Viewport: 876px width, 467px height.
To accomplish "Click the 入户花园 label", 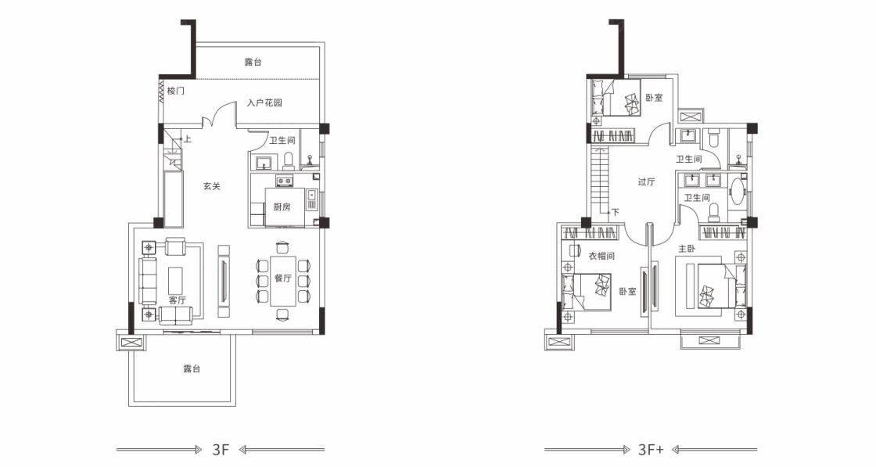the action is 264,102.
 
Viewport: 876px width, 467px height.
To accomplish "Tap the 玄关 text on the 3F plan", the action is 212,186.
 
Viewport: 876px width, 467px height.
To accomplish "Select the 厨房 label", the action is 282,207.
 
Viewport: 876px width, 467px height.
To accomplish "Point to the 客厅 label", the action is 178,300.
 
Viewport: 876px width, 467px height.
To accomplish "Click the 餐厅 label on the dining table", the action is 283,278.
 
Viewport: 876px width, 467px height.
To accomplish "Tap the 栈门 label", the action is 176,91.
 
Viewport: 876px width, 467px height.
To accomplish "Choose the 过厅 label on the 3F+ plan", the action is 646,181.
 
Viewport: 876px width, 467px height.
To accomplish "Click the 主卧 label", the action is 687,249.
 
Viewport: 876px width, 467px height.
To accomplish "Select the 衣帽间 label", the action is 601,256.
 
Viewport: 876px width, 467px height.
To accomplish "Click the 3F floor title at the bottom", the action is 221,450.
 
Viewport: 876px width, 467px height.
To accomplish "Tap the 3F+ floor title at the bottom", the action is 651,450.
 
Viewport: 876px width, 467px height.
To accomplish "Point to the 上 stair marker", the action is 188,139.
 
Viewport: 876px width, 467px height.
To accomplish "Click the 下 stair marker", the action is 615,212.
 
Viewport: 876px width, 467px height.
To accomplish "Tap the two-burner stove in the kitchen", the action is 285,181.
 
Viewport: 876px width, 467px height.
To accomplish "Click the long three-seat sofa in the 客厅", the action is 148,280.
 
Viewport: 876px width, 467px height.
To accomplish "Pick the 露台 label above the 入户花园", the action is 253,62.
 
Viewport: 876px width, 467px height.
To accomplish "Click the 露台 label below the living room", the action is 192,368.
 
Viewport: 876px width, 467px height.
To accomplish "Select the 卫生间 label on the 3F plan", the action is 282,140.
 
